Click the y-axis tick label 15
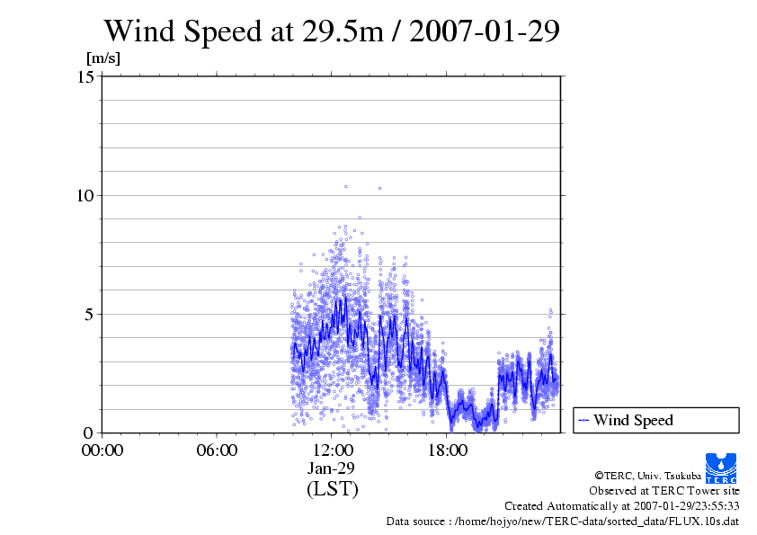click(x=86, y=76)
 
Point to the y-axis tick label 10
click(x=86, y=195)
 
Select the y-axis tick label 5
click(x=90, y=314)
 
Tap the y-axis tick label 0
click(x=90, y=432)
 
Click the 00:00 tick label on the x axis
click(x=102, y=450)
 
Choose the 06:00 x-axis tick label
click(x=217, y=450)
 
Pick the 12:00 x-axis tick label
click(x=332, y=450)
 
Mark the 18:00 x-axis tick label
click(x=447, y=450)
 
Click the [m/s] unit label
click(x=102, y=58)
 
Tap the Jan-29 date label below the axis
click(x=332, y=468)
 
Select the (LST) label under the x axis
click(x=332, y=489)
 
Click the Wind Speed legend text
click(x=633, y=420)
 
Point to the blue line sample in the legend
click(x=583, y=420)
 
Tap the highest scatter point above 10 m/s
click(x=345, y=186)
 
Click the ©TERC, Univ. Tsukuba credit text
click(x=647, y=475)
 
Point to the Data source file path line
click(x=563, y=521)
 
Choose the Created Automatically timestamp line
click(x=621, y=505)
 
